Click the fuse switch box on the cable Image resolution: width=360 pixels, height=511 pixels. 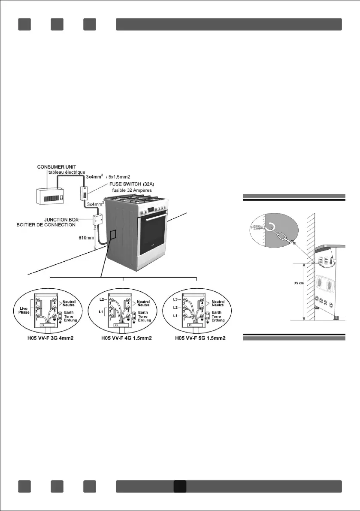85,194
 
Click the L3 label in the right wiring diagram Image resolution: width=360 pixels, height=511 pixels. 175,299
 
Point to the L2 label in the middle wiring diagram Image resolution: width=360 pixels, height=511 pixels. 102,299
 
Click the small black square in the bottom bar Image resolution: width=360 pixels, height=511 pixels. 180,486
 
